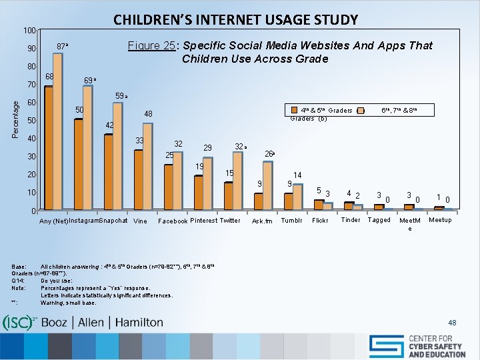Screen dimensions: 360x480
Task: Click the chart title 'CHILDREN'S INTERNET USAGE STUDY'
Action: click(x=235, y=19)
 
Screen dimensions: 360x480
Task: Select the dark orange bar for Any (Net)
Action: click(x=49, y=149)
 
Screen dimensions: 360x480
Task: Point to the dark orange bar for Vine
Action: click(x=139, y=181)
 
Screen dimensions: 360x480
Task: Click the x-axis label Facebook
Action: click(x=172, y=221)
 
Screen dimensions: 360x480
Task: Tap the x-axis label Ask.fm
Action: click(x=262, y=221)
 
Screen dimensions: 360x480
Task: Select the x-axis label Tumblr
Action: click(x=292, y=221)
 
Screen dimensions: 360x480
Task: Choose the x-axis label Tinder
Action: click(x=350, y=220)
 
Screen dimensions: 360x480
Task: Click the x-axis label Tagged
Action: click(x=379, y=220)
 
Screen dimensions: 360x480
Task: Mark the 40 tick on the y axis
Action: click(x=30, y=139)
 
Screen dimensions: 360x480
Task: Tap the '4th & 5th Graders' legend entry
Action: click(x=327, y=111)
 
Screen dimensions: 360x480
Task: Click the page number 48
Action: click(x=453, y=323)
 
